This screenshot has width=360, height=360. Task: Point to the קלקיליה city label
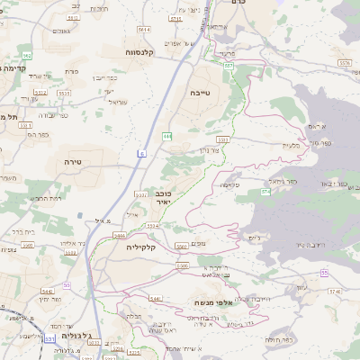click(x=142, y=247)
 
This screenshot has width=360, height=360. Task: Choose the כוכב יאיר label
click(x=164, y=199)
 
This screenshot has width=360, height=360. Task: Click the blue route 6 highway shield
click(x=141, y=154)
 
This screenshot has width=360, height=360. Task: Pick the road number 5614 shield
click(x=144, y=30)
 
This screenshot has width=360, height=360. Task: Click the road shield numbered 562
click(x=27, y=55)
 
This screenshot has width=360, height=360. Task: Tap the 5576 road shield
click(x=345, y=63)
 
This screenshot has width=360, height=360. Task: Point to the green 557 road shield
click(x=229, y=66)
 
